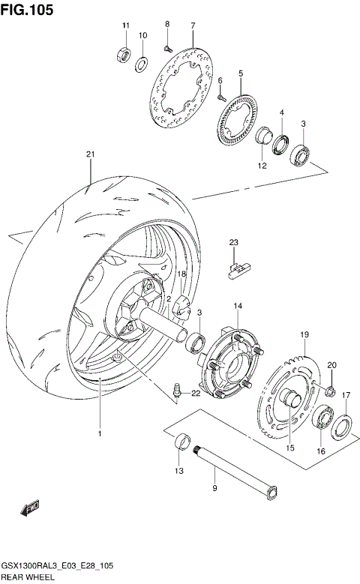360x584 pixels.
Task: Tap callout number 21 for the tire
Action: coord(90,154)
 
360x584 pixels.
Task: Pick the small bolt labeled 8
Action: coord(168,47)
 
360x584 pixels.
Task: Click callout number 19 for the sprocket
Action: coord(304,334)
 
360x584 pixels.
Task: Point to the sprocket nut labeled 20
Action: coord(330,388)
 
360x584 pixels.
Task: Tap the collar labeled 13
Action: coord(181,444)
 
